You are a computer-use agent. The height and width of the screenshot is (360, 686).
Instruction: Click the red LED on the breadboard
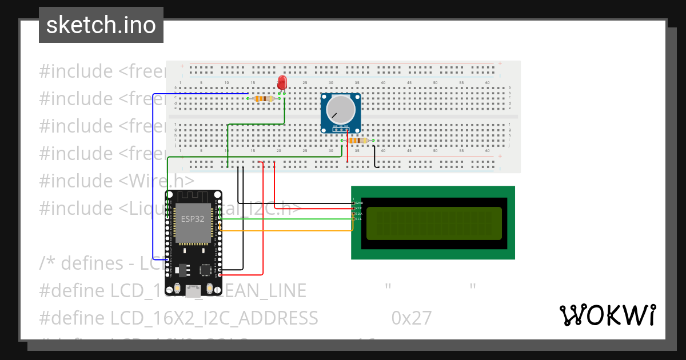pos(282,83)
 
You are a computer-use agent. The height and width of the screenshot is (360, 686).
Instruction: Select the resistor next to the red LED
pos(264,98)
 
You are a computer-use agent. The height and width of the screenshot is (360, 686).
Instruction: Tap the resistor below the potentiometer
pos(357,141)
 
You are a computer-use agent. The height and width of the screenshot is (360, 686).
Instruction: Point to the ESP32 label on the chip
pos(192,218)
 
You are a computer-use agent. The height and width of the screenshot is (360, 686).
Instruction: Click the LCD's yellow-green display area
pos(434,223)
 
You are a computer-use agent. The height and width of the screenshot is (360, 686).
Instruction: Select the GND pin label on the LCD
pos(359,203)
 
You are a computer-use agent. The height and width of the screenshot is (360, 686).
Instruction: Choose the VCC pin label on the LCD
pos(359,208)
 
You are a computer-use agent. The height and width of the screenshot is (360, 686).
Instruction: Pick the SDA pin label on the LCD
pos(359,213)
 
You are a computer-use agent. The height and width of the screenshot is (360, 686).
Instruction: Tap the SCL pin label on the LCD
pos(359,219)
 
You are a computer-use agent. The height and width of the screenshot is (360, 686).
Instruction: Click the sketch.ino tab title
pos(101,25)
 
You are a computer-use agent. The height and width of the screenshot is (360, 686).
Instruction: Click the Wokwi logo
pos(607,315)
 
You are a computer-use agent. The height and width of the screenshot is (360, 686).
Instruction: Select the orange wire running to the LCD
pos(286,231)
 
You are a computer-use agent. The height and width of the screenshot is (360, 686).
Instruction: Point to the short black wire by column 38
pos(375,157)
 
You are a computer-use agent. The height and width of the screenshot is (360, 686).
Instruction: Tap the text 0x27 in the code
pos(412,318)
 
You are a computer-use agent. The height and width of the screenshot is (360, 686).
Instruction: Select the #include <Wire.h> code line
pos(117,181)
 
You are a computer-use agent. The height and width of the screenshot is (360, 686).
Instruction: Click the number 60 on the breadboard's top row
pos(488,83)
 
